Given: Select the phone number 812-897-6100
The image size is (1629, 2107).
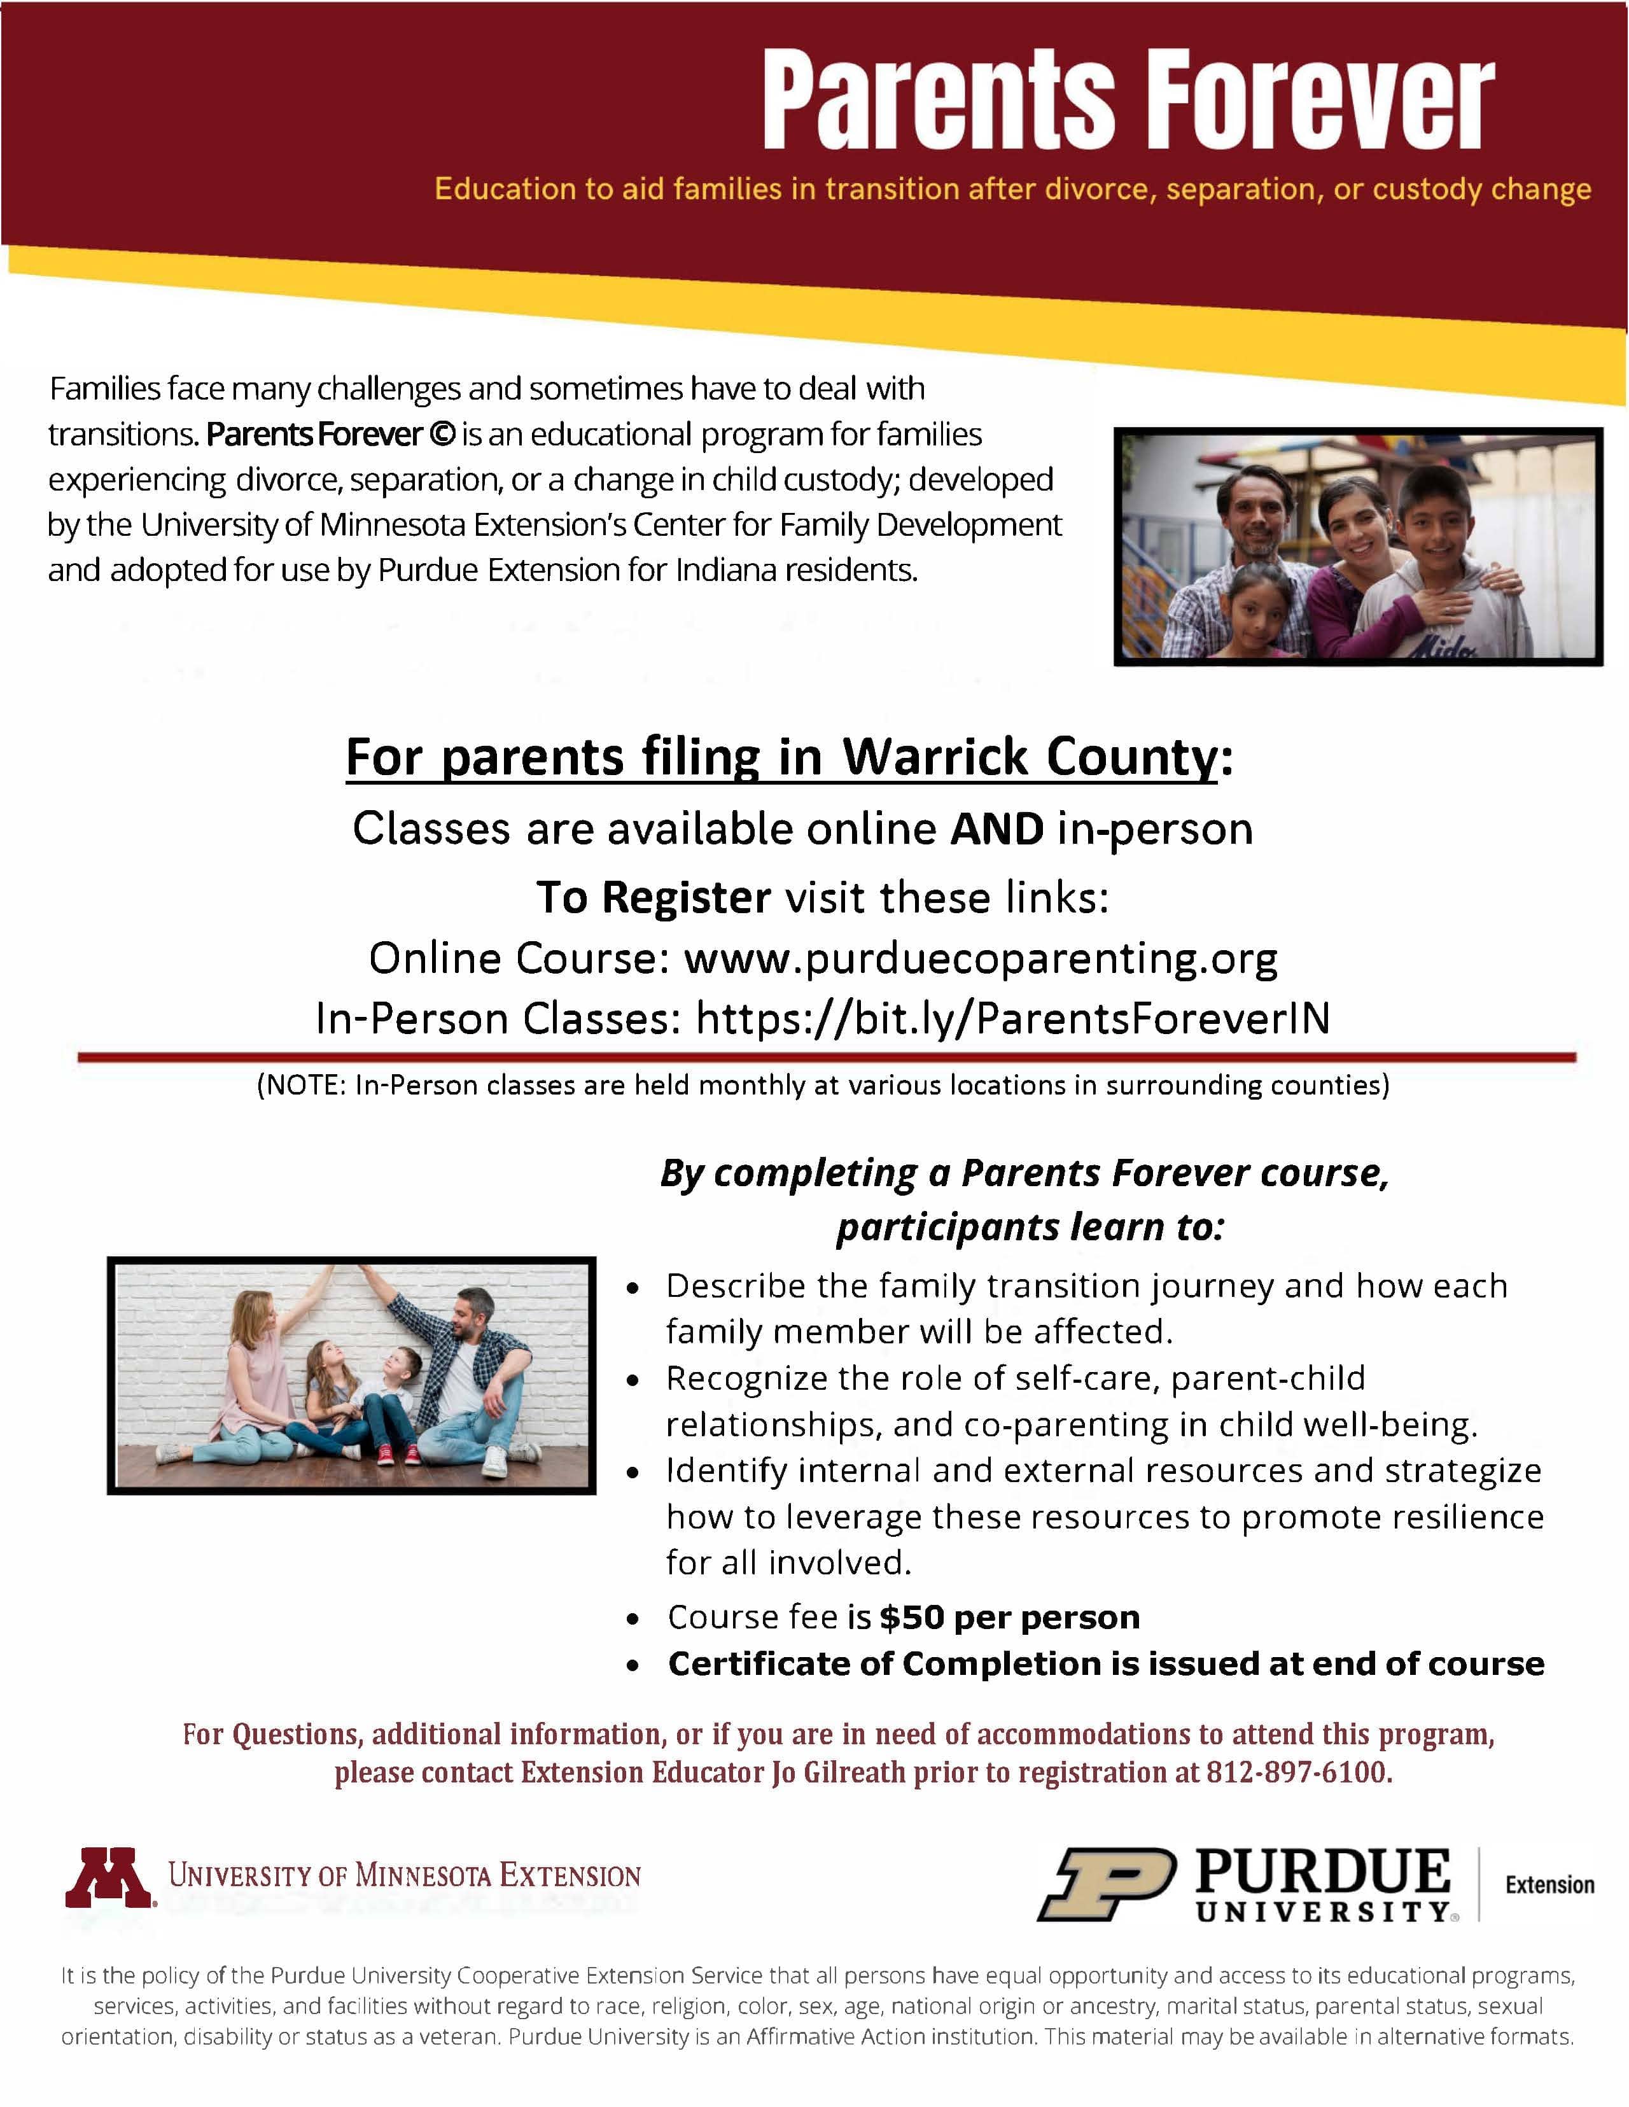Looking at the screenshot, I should [x=1298, y=1772].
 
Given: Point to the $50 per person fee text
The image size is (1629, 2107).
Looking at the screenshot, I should [x=1009, y=1617].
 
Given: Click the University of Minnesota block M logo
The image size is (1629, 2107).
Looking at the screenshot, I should [x=109, y=1877].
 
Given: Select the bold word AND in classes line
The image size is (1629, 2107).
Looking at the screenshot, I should [x=996, y=829].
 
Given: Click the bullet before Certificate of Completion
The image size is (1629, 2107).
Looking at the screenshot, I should [x=633, y=1665].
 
